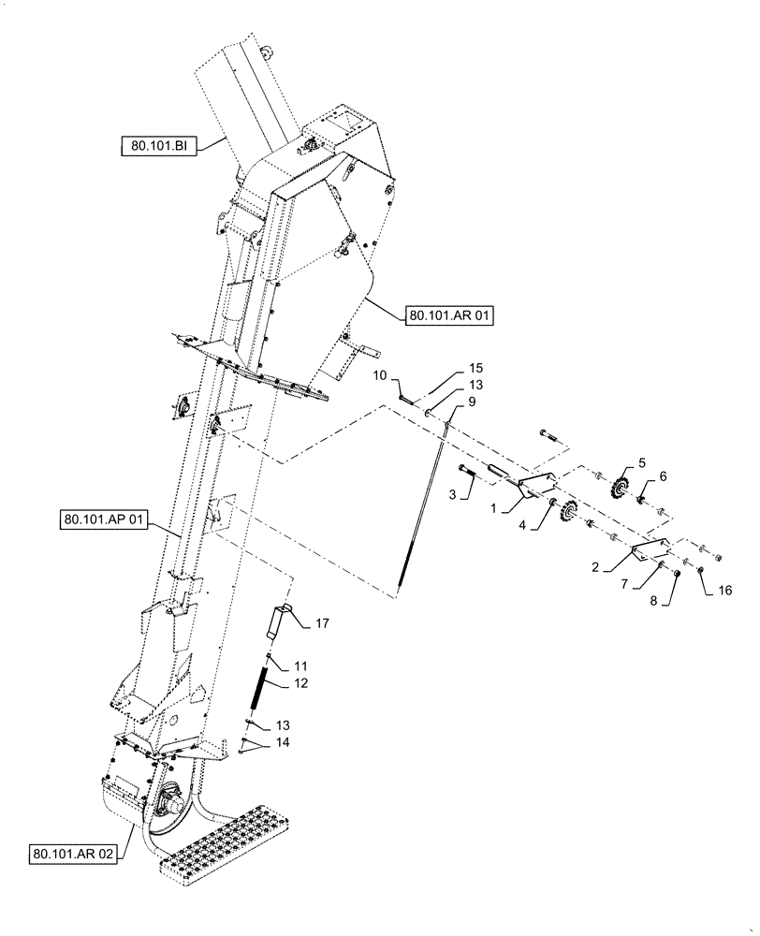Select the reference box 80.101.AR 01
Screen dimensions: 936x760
point(449,316)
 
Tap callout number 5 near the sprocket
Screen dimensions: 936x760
point(642,462)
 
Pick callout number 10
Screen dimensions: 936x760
point(380,376)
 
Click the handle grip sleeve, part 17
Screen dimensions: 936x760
point(278,622)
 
